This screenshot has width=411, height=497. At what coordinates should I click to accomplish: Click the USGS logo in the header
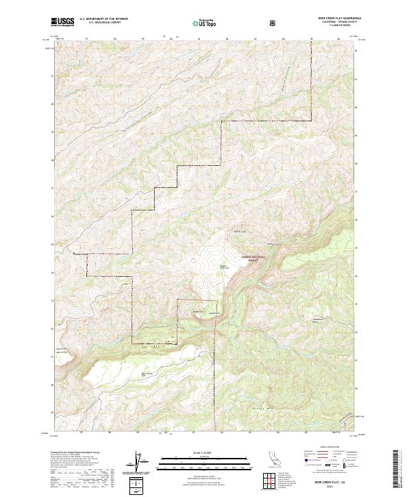click(62, 22)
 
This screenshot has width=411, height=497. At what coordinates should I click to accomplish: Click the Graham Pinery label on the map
click(224, 267)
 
